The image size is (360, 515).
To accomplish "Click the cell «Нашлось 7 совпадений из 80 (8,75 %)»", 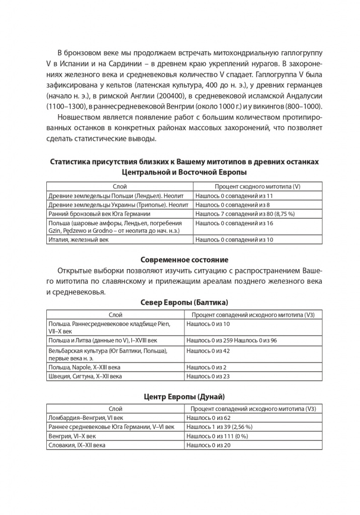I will tap(245, 214).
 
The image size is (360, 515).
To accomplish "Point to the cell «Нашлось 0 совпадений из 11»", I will tap(234, 196).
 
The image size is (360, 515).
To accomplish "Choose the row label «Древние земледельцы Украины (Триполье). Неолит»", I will tap(118, 205).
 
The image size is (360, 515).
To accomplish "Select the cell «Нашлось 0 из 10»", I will tap(208, 324).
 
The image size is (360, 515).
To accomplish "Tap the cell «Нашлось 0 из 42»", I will tap(208, 351).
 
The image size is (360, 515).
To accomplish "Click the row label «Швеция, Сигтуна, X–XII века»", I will tap(84, 376).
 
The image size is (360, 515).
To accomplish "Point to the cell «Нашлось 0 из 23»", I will tap(208, 376).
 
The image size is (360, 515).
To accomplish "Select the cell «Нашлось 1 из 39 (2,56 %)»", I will tap(219, 427).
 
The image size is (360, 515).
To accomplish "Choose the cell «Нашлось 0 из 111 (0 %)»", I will tap(217, 436).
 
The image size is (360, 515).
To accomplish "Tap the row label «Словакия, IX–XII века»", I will tap(76, 445).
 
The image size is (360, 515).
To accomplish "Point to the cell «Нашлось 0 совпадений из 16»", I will tap(234, 223).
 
